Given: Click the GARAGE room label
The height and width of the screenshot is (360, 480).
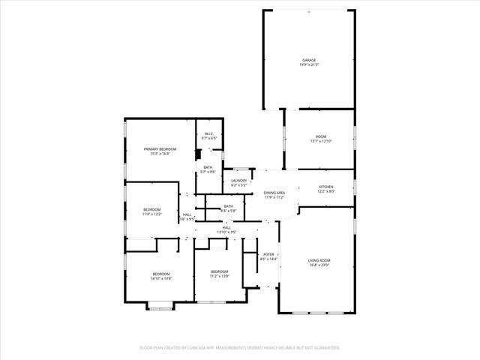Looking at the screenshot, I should click(308, 60).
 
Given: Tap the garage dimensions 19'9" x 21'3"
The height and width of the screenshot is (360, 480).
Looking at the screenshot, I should click(308, 64).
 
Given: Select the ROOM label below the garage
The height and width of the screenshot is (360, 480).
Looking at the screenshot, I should click(321, 136).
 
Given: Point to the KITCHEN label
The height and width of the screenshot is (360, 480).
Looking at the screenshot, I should click(326, 187).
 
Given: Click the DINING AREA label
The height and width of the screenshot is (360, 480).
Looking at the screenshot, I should click(274, 193).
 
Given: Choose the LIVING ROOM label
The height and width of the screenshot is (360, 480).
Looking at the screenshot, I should click(319, 260).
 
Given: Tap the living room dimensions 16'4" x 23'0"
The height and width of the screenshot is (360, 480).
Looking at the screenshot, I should click(319, 265).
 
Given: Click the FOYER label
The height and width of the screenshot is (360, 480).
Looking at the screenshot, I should click(268, 255).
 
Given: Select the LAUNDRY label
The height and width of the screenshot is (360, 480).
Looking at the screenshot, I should click(239, 181).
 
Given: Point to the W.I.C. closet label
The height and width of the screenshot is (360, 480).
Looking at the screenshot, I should click(209, 134).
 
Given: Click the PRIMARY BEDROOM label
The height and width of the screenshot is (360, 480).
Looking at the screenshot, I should click(160, 149).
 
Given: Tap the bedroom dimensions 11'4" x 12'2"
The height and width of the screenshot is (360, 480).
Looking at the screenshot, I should click(151, 214).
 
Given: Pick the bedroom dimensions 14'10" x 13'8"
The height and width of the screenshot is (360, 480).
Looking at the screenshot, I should click(161, 278).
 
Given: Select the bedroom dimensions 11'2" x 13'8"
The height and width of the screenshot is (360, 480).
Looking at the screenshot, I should click(219, 276).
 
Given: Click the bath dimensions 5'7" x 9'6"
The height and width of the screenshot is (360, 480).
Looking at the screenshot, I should click(208, 172).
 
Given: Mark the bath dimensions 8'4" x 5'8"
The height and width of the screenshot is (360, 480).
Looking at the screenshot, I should click(228, 211).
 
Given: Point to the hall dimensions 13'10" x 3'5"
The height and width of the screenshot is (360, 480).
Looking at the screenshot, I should click(226, 232).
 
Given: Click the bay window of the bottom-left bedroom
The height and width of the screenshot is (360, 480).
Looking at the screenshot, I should click(159, 304).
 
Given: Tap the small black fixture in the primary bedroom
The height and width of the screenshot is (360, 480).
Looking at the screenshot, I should click(197, 154).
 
